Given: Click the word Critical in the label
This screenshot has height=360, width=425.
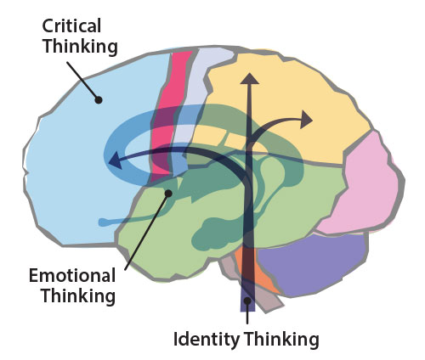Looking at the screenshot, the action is point(71,26).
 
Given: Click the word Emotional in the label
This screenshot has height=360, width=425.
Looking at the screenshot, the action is point(72,275).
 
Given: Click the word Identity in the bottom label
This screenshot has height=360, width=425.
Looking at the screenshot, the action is point(206,340).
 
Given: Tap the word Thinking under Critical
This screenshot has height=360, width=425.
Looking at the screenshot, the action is point(80,47).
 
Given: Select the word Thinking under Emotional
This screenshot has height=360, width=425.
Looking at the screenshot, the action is point(78,296).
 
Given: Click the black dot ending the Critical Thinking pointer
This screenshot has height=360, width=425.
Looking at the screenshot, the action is point(99,99).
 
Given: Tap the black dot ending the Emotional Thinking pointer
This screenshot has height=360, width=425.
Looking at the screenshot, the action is point(168,194).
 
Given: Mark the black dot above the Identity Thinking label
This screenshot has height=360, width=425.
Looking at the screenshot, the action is point(247,301).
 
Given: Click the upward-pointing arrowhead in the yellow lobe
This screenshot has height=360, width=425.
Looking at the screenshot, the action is point(250,79).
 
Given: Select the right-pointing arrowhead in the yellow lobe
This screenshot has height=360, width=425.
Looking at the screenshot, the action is point(307,120).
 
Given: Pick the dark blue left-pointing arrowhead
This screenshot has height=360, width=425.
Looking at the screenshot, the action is point(116,161).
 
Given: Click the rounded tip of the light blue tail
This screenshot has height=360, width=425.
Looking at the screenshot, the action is point(102,222).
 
